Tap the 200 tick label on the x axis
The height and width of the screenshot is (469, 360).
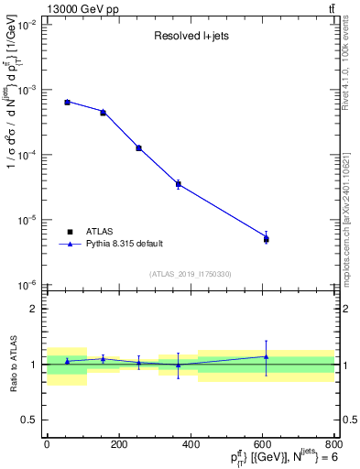(118, 444)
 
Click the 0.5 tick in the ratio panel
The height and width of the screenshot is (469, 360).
(29, 420)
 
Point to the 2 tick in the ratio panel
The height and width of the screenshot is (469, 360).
(34, 309)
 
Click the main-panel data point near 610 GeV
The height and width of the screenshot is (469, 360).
(266, 238)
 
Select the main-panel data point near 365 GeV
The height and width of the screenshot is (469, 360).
(178, 184)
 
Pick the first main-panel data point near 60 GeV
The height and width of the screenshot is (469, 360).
(68, 102)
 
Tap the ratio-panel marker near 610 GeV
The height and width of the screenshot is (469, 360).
(266, 357)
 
